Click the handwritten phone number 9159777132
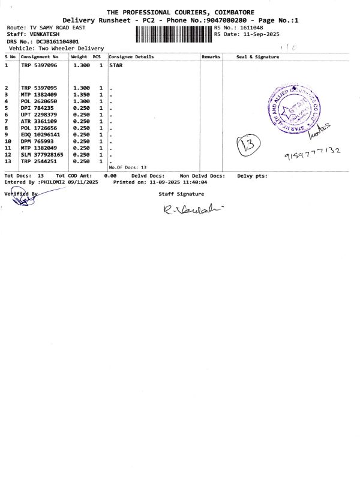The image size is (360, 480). [x=312, y=154]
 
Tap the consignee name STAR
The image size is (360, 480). [x=116, y=65]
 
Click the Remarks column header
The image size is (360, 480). [x=211, y=57]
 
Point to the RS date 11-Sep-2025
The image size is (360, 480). [x=259, y=35]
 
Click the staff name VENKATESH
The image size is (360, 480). [x=44, y=35]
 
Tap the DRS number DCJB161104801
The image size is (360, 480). [x=58, y=41]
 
